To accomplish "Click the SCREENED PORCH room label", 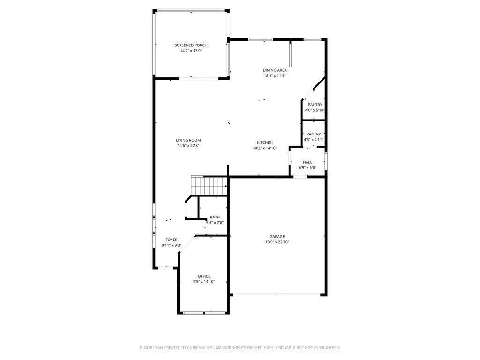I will (x=191, y=45).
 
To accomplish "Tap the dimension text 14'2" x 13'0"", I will (x=191, y=51).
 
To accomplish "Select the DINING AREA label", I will (x=275, y=70).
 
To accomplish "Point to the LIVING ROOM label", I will (x=188, y=140).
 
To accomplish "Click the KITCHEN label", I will (x=265, y=142).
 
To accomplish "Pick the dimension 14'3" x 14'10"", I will (x=265, y=148).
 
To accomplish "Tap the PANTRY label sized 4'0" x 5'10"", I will (x=315, y=105).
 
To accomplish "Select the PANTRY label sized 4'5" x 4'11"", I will (x=314, y=134).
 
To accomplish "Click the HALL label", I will (x=307, y=162).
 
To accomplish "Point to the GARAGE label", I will (x=277, y=237).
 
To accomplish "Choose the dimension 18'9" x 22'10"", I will (x=277, y=242).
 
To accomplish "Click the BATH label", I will (x=215, y=217).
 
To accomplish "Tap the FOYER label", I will (x=172, y=240).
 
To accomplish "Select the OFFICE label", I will (x=204, y=276).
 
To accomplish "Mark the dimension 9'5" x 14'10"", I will (x=204, y=282).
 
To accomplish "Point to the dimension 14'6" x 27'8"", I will (x=188, y=146).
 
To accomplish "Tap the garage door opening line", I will (x=277, y=294).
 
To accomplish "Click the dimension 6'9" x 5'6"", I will (x=307, y=168).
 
